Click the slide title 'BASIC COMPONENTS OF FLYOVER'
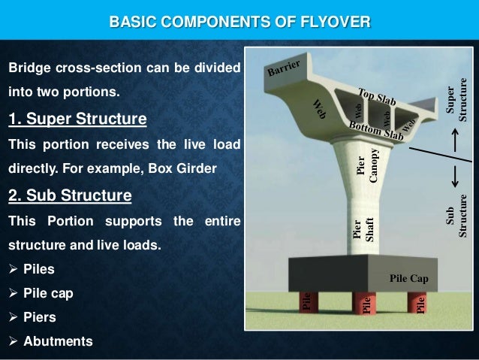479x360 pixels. (x=239, y=18)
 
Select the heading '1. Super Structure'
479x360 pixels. (x=77, y=120)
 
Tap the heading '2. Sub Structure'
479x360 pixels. (x=69, y=197)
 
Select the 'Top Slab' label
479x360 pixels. (x=377, y=101)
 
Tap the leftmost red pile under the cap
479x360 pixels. (x=307, y=302)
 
